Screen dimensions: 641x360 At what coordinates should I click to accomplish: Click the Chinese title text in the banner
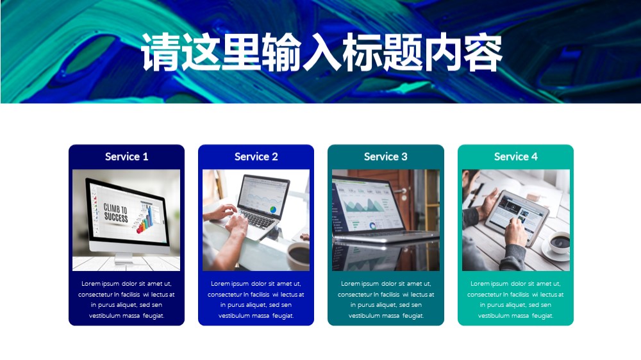pyautogui.click(x=321, y=52)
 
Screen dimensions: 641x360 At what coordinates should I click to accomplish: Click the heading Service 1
pyautogui.click(x=126, y=156)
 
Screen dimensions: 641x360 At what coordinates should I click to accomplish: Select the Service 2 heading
pyautogui.click(x=256, y=156)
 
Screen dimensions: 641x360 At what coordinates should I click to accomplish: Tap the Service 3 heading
pyautogui.click(x=385, y=156)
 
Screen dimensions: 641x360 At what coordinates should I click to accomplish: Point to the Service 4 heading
pyautogui.click(x=515, y=156)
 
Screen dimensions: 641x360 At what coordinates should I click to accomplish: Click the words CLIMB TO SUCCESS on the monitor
pyautogui.click(x=115, y=213)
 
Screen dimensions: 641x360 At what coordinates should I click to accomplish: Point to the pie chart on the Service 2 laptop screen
pyautogui.click(x=272, y=209)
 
